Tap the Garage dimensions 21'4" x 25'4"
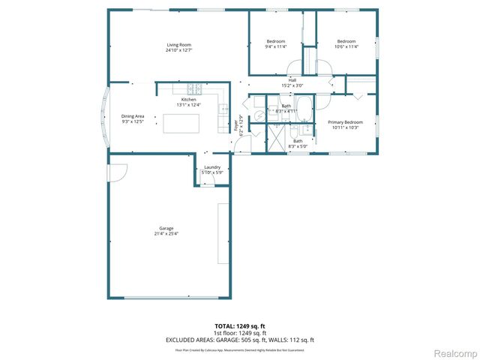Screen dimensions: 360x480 (166, 233)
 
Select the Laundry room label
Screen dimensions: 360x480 (211, 166)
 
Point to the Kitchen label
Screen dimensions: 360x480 (189, 100)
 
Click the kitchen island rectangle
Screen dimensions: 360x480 (182, 124)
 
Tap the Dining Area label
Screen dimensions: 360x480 (133, 115)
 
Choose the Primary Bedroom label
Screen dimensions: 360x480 (345, 121)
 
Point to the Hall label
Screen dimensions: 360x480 (292, 80)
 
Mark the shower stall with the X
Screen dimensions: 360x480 (275, 140)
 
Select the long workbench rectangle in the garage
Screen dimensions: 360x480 (223, 233)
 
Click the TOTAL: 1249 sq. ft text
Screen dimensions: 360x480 (240, 326)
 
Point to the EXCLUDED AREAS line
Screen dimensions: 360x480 (240, 340)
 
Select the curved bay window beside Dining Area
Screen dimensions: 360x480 (104, 117)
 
